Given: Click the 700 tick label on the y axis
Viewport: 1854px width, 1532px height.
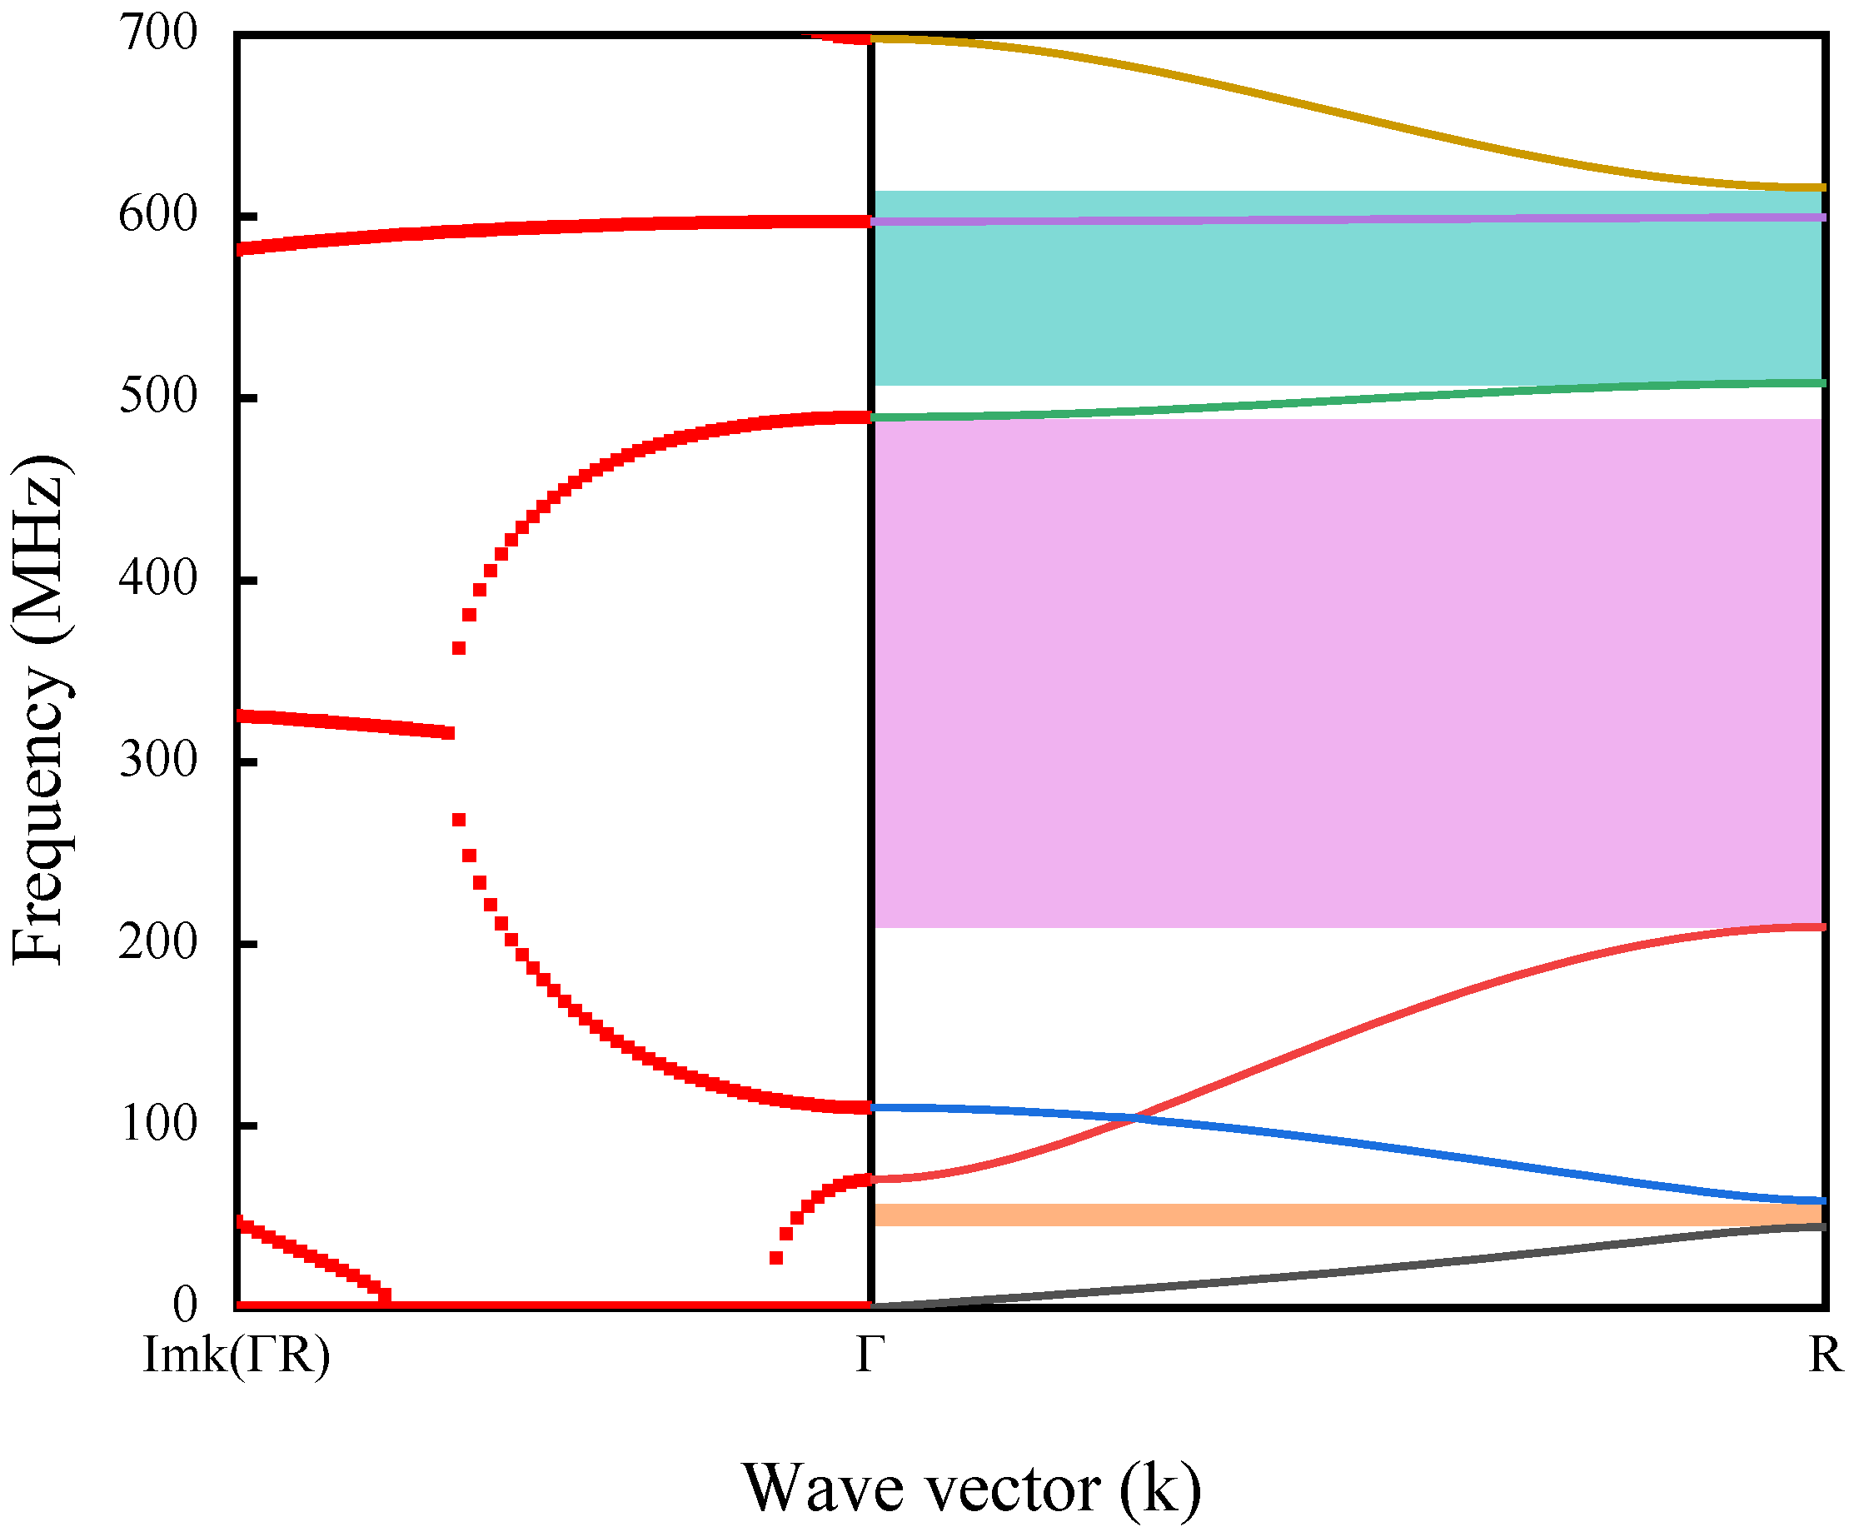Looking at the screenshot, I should [158, 34].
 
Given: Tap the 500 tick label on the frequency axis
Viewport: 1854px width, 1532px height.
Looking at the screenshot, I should [158, 397].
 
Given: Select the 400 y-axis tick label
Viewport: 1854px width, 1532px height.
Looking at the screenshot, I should [158, 579].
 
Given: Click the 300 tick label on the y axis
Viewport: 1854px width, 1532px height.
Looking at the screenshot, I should [158, 761].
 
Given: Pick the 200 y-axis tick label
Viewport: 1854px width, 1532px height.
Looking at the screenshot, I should [158, 942].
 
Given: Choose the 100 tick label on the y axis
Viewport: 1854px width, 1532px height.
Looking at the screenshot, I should [158, 1125].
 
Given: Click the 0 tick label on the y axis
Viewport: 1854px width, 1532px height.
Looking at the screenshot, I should [185, 1305].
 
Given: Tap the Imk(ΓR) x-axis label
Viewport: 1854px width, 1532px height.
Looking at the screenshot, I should [237, 1355].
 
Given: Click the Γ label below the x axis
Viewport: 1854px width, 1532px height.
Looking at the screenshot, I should [870, 1355].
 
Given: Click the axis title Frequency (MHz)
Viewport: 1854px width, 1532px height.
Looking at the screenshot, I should [40, 711].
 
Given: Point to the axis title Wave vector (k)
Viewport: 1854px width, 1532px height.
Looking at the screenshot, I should [970, 1488].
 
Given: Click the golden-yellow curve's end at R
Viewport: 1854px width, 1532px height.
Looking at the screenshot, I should [1820, 188].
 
